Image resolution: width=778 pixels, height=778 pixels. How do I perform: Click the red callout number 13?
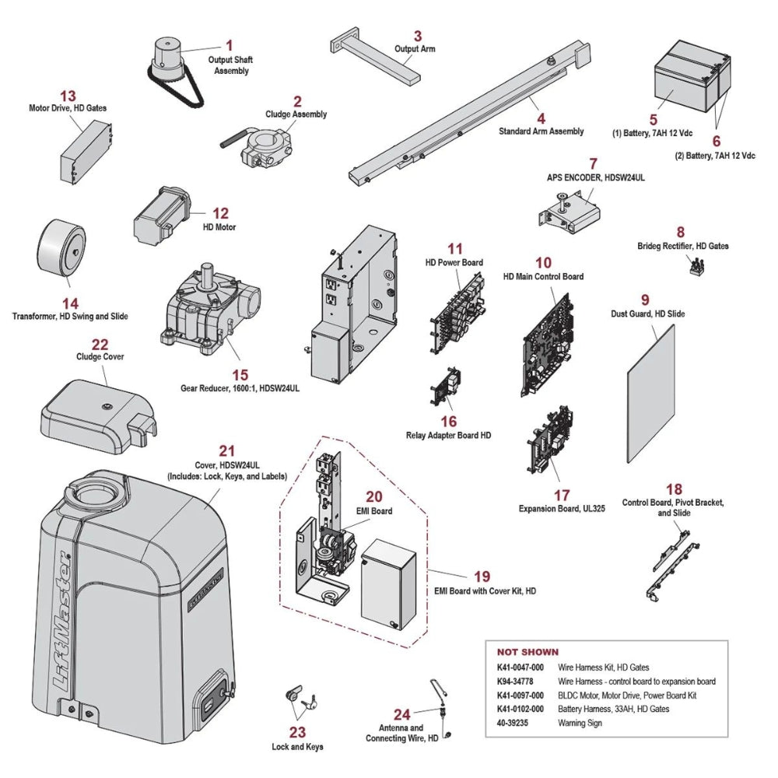pos(68,96)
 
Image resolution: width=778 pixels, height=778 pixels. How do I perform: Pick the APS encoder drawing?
pos(572,212)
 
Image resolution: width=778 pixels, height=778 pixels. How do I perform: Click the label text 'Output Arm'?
pos(415,49)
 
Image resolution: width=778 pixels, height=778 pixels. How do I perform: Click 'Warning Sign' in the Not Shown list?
pos(580,723)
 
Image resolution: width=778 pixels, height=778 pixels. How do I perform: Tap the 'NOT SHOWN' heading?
pos(527,652)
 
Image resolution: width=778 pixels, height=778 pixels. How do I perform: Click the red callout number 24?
pos(401,714)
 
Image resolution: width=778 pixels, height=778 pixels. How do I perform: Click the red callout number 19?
pos(482,576)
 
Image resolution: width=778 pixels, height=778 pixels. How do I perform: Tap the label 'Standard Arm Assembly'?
pos(541,131)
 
